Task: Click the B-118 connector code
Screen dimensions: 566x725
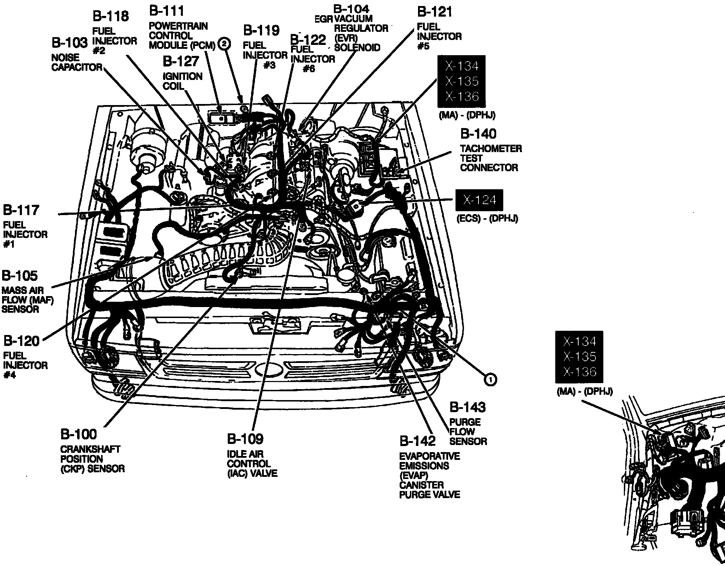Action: [111, 16]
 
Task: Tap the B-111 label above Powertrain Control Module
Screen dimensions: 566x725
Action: [167, 11]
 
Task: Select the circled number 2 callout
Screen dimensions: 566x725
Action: [225, 44]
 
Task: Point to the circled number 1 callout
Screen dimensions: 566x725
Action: [491, 380]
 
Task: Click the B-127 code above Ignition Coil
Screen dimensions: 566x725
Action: [181, 61]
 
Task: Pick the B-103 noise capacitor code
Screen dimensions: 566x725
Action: [69, 43]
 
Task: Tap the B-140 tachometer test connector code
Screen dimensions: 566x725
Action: [478, 134]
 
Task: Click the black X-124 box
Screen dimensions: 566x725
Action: [479, 200]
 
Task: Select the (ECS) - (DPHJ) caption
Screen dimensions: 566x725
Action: [487, 219]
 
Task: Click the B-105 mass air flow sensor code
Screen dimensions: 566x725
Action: [20, 276]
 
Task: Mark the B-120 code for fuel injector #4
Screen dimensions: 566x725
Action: [22, 341]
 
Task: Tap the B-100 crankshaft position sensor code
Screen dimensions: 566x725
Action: [79, 434]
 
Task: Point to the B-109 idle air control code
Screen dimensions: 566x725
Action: [245, 439]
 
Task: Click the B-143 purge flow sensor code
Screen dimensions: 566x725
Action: [468, 408]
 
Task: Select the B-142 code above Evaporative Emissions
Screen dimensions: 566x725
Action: [418, 441]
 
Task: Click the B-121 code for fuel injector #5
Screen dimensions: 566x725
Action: [435, 12]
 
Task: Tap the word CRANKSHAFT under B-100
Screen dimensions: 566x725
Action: [90, 449]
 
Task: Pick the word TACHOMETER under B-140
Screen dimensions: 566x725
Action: [491, 149]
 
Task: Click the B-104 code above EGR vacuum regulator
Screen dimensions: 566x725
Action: [351, 9]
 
